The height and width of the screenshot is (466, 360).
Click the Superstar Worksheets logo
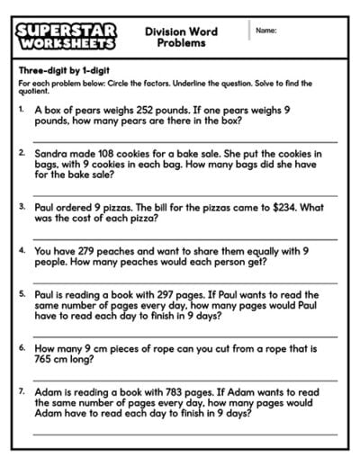click(x=66, y=37)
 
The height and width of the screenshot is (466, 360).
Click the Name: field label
click(x=265, y=31)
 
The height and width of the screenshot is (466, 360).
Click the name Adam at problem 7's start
click(x=49, y=393)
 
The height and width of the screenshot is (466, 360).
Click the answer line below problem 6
click(x=185, y=380)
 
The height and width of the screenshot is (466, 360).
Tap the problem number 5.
click(x=22, y=294)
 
